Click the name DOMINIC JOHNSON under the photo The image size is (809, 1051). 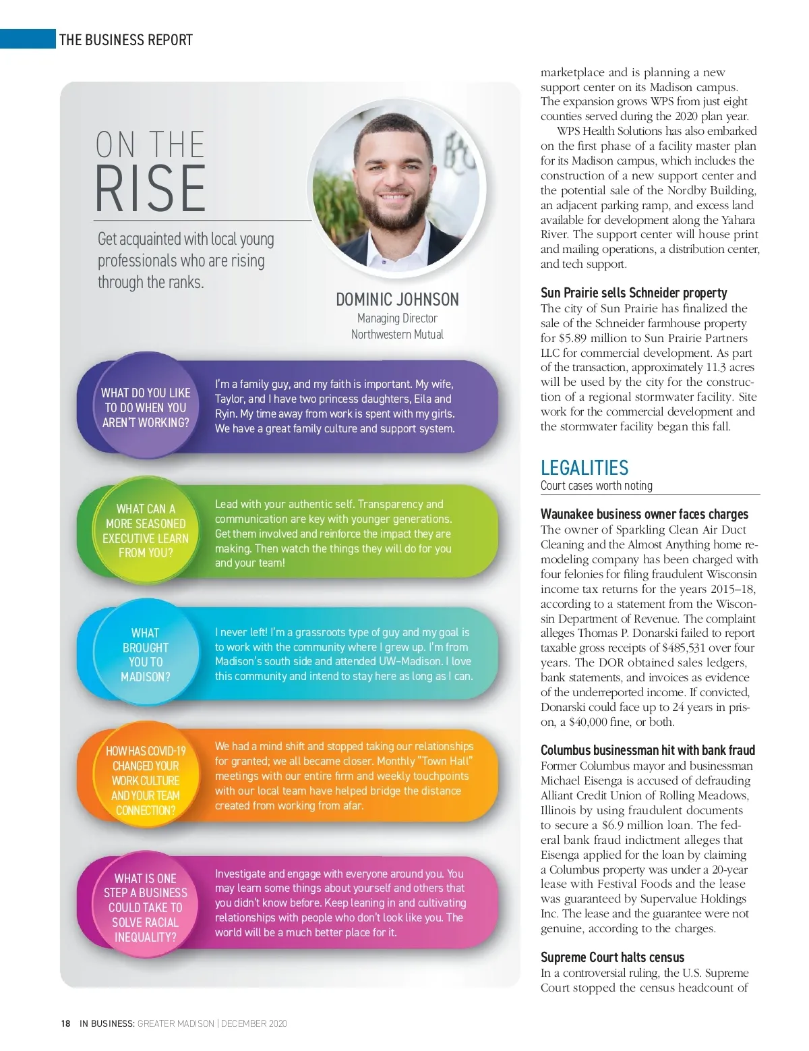click(397, 300)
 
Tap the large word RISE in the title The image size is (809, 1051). click(150, 189)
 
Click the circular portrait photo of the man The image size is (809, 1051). click(396, 190)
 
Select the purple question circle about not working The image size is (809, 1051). click(146, 407)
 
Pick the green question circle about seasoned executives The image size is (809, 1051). click(146, 531)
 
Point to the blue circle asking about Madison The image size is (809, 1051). click(146, 654)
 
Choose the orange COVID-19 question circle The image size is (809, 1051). click(146, 780)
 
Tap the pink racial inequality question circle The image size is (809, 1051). click(146, 907)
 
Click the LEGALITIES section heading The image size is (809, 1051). click(585, 467)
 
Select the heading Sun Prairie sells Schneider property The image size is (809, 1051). click(634, 293)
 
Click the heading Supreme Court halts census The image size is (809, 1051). click(612, 957)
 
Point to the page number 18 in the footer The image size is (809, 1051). click(65, 1023)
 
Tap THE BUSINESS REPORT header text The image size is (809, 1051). click(126, 40)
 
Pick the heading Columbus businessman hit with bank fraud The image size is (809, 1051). click(647, 750)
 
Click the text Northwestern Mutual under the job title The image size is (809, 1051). click(397, 335)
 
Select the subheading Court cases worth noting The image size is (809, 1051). click(597, 486)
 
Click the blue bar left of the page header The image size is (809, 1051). click(28, 39)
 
